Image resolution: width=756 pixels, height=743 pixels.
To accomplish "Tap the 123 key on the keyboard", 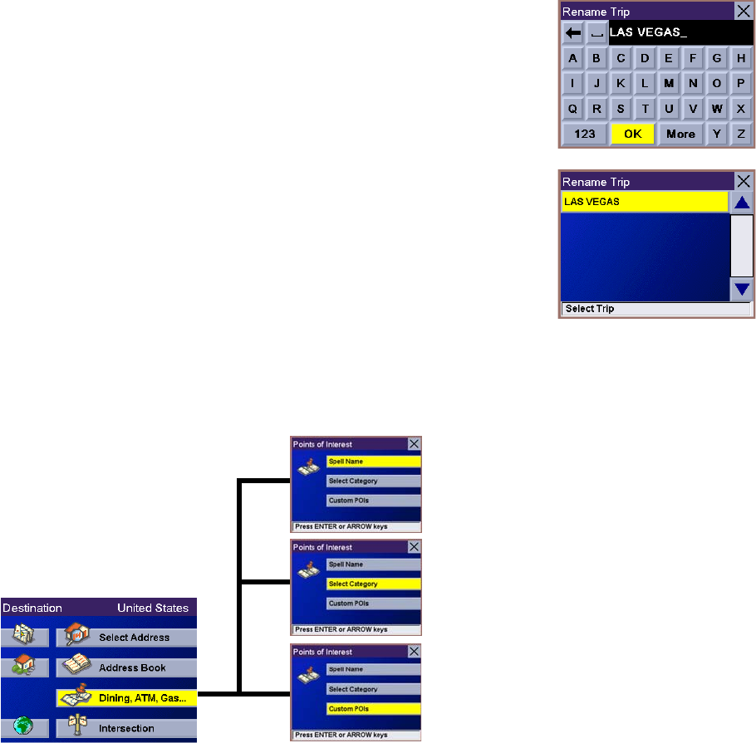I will pos(585,134).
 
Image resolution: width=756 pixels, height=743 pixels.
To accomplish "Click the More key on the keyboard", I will pos(680,134).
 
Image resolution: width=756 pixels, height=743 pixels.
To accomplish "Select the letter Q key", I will pos(572,109).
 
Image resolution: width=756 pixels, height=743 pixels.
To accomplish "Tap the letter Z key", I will pos(740,134).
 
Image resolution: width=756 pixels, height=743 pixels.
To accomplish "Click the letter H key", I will pos(740,59).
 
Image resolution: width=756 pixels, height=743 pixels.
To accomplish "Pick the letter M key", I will pos(669,84).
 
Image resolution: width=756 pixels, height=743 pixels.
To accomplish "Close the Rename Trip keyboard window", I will pos(744,12).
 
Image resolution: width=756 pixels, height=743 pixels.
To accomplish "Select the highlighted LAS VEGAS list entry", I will pos(644,202).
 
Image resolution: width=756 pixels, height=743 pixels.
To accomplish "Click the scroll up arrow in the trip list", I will pos(742,203).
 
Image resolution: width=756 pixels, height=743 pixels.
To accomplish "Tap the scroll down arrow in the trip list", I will pos(742,290).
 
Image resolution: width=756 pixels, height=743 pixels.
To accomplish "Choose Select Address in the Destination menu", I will pos(134,638).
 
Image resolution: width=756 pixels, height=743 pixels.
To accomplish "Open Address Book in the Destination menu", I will pos(132,667).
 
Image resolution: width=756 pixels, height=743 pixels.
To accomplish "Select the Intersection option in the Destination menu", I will pos(126,728).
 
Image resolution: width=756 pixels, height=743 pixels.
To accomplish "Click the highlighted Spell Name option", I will pos(373,462).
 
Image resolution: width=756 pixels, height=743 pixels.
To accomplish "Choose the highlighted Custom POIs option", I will pos(373,709).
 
